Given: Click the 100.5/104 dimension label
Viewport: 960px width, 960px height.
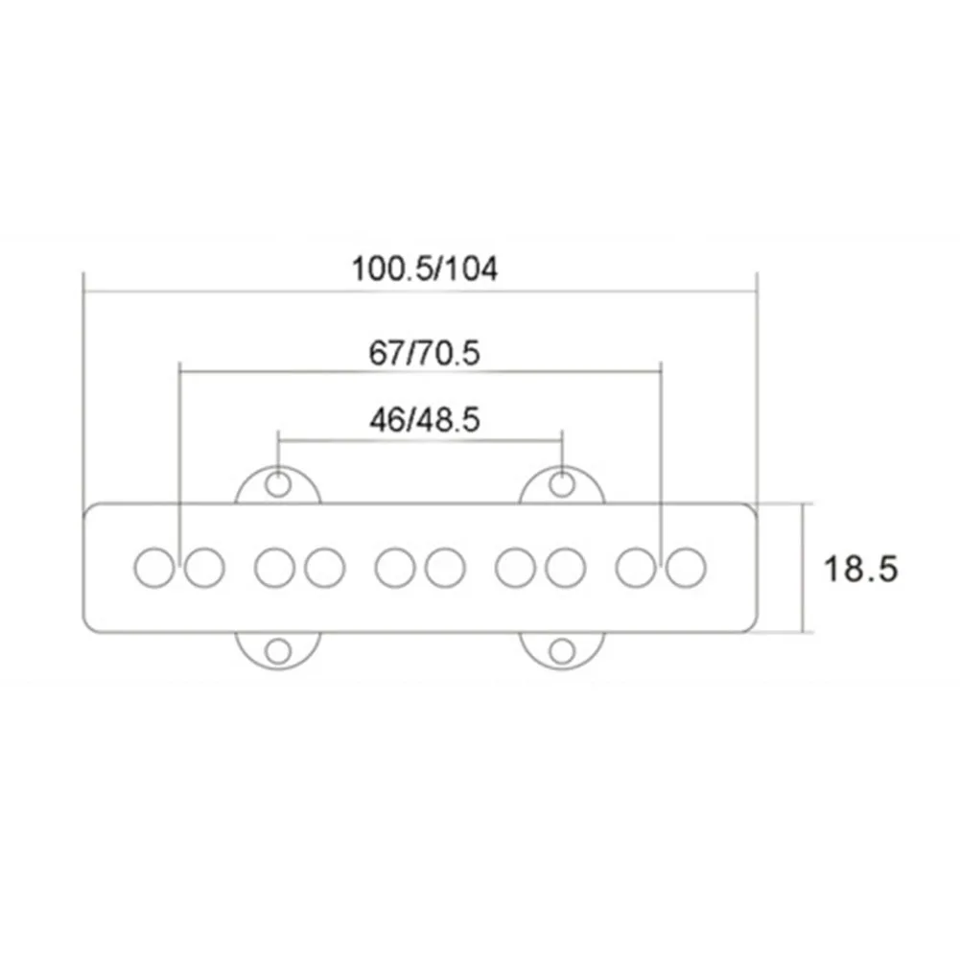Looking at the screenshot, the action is [425, 269].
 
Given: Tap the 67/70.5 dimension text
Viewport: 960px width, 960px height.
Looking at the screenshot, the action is [424, 353].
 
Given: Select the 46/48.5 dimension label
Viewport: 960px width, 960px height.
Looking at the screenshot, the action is [424, 421].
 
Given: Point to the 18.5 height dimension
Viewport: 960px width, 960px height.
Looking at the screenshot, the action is [861, 569].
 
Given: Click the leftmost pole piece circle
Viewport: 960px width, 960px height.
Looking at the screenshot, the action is [154, 568].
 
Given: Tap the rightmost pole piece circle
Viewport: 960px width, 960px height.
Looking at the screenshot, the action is [686, 568].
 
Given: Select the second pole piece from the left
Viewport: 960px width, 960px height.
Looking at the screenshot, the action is [204, 568].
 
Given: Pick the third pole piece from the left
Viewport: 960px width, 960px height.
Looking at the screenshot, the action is [274, 568].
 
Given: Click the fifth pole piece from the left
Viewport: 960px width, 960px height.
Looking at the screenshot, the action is [395, 568].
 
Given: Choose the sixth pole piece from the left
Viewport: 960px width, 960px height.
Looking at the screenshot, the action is [445, 568].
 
